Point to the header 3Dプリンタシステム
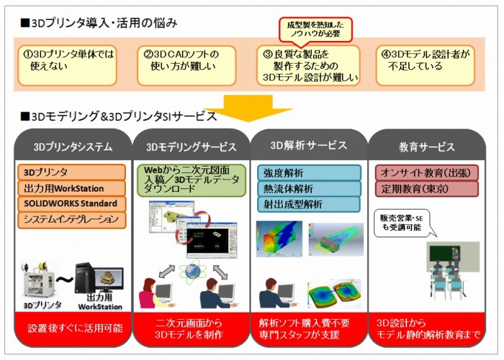click(72, 148)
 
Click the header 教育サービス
click(427, 148)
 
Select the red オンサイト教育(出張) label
click(427, 172)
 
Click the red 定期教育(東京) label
click(427, 188)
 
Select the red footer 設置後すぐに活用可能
click(72, 329)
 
